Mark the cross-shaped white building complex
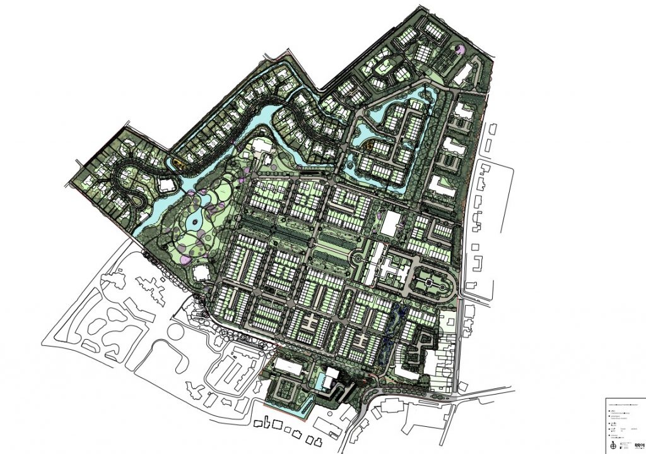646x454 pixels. point(385,265)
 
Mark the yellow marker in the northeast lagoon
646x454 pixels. point(368,143)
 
